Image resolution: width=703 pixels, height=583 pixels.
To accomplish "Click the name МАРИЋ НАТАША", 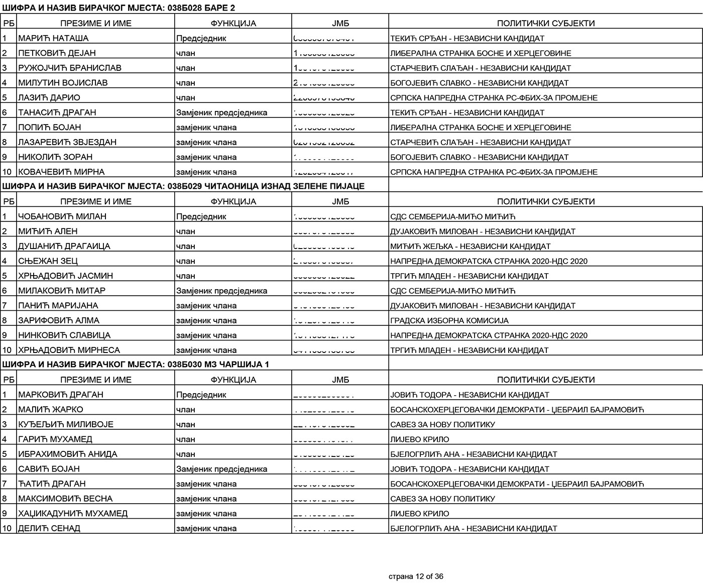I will click(53, 38).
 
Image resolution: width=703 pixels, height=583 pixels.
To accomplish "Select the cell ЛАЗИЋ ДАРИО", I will click(49, 97).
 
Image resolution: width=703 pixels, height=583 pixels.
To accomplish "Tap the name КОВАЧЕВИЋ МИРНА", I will click(62, 172).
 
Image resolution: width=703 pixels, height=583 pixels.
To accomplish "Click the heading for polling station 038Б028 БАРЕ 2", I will click(119, 8).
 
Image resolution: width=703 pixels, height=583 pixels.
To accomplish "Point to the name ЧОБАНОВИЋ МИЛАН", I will click(62, 216).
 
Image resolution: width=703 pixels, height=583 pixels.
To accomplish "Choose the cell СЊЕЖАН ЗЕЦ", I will click(48, 261).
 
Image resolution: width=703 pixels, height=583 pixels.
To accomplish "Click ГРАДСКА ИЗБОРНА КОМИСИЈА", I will click(449, 320).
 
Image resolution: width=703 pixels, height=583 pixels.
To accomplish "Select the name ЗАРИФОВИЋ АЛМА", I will click(59, 320).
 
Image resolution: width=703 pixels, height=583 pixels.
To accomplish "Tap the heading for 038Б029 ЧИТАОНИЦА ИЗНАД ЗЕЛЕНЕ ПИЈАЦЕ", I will click(183, 186).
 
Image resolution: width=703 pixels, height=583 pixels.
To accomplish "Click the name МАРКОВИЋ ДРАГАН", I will click(61, 395).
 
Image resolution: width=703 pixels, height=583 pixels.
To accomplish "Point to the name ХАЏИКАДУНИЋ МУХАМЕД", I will click(73, 513).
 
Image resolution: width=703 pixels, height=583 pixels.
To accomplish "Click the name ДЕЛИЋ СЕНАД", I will click(49, 528).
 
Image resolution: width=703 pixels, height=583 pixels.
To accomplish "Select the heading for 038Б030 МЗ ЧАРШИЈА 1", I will click(136, 365).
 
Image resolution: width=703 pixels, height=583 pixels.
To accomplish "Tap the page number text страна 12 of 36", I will click(416, 576).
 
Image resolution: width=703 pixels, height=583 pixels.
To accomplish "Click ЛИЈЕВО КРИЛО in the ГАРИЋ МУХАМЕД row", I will click(420, 439).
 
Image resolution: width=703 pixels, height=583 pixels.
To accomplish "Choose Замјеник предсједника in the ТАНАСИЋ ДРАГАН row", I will click(221, 112).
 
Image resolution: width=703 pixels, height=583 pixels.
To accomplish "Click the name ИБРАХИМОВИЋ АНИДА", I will click(68, 454).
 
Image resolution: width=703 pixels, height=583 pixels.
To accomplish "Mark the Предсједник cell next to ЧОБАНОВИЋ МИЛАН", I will click(201, 216).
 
